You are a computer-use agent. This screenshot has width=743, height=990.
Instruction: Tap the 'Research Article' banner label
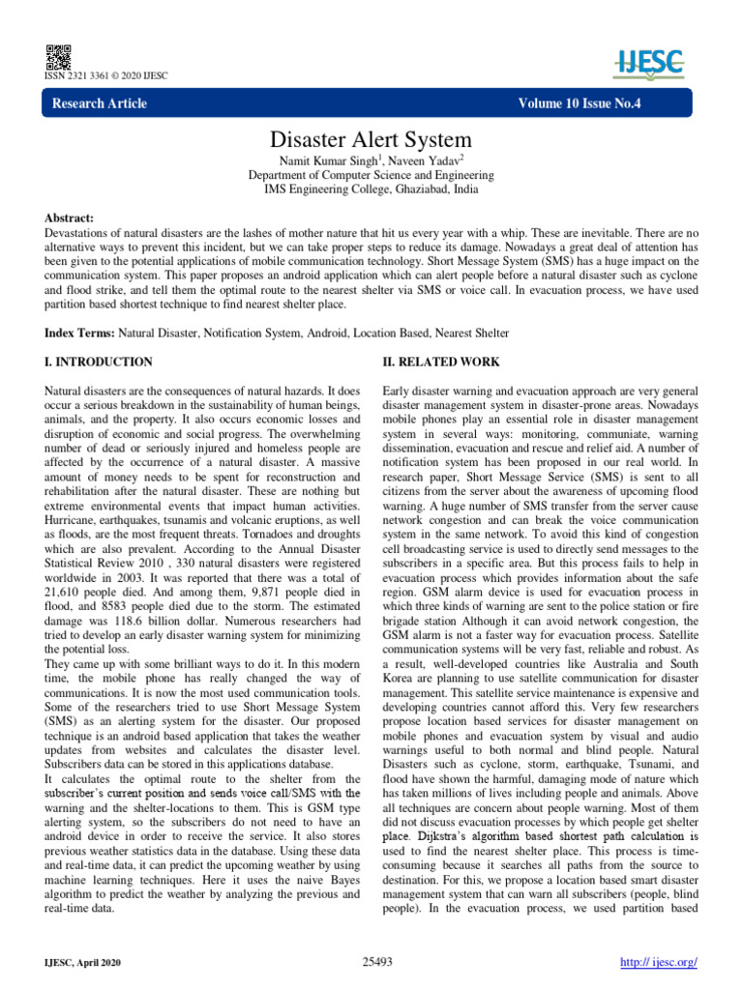pyautogui.click(x=100, y=103)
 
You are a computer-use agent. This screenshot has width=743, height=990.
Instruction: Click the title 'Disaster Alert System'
pyautogui.click(x=371, y=140)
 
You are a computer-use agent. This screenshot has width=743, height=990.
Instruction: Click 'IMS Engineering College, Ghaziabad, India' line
pyautogui.click(x=371, y=190)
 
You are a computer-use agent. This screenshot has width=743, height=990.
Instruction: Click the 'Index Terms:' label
pyautogui.click(x=81, y=333)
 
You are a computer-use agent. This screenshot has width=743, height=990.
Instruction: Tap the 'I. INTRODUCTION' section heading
pyautogui.click(x=99, y=362)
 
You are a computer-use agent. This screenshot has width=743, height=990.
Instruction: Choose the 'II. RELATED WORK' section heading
pyautogui.click(x=441, y=362)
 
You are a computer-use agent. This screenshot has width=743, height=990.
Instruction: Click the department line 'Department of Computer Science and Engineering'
pyautogui.click(x=371, y=176)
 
